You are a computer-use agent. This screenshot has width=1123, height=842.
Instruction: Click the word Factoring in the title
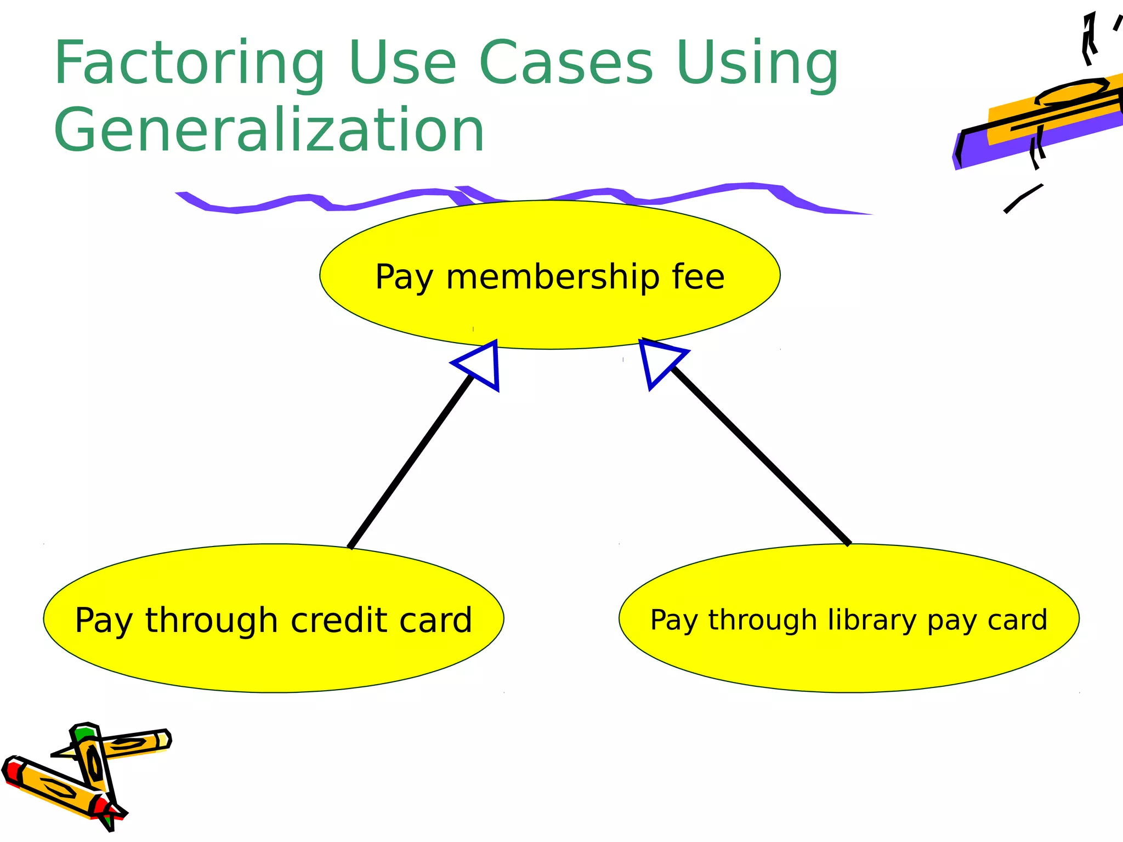189,64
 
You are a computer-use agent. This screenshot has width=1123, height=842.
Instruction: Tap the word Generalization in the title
269,130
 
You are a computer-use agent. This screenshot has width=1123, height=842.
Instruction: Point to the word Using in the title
757,64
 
